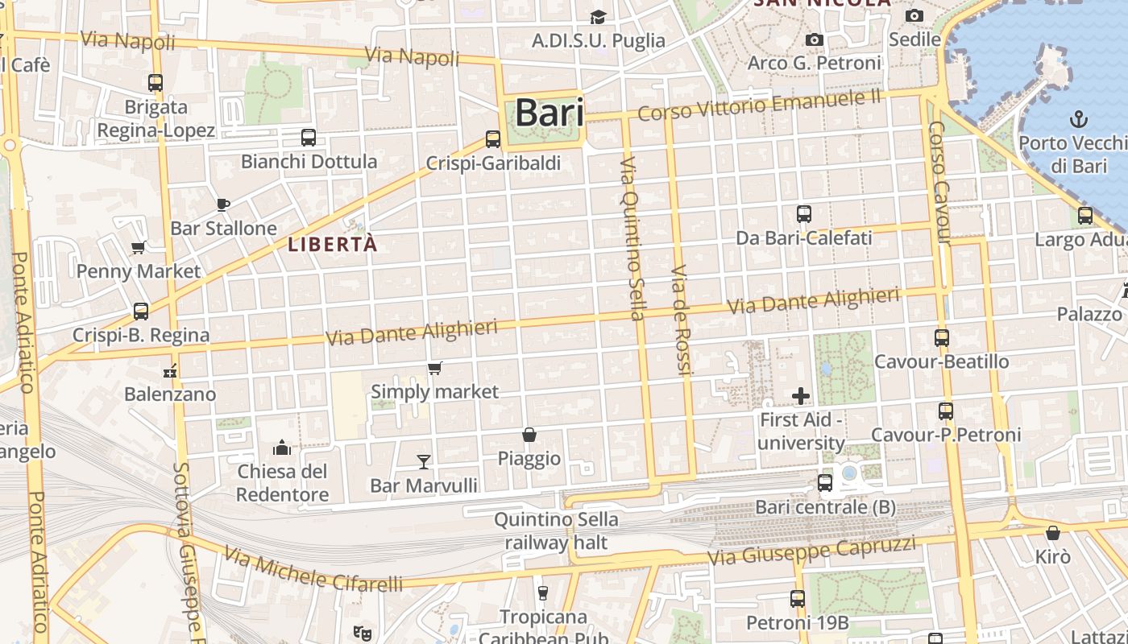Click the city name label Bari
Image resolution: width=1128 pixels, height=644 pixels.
pos(549,113)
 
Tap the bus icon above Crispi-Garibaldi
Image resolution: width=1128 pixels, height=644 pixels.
pos(493,138)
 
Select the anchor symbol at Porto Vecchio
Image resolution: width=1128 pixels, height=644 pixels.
pos(1078,120)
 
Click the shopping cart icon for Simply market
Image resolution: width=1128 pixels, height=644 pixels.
pos(435,368)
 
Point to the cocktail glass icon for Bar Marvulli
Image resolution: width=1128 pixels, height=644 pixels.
pos(424,461)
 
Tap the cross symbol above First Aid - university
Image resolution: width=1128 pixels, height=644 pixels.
pos(801,395)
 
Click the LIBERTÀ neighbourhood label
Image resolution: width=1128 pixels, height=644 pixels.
pos(332,244)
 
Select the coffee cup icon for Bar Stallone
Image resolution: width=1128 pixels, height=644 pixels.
pos(223,204)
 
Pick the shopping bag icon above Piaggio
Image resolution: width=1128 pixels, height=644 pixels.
pos(529,435)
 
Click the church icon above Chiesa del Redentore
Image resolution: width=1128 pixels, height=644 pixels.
pos(282,447)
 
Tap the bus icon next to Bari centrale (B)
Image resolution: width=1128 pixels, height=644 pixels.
pos(825,483)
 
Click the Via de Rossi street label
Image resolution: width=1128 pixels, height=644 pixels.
pos(682,320)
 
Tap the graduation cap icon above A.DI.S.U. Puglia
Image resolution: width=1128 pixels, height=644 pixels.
pos(598,17)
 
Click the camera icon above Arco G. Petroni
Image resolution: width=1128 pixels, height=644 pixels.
pos(815,39)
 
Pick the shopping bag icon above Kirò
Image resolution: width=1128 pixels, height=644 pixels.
pos(1052,533)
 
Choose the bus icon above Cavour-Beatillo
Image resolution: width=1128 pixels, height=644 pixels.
pos(942,338)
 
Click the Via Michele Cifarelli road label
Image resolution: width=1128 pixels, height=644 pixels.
pos(313,570)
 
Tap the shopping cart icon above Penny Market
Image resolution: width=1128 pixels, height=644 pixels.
pos(139,247)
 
